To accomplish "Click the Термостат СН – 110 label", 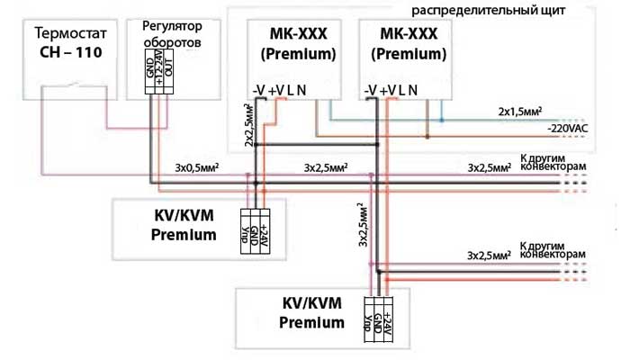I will [68, 41].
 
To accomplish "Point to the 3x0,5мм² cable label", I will [195, 167].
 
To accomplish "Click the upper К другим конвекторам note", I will [552, 161].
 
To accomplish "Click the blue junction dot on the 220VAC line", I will [441, 118].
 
